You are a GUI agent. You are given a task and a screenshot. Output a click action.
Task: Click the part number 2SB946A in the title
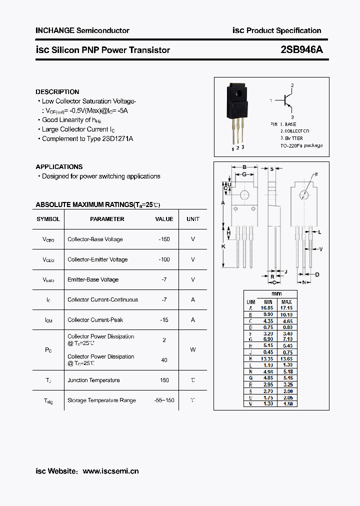[x=301, y=50]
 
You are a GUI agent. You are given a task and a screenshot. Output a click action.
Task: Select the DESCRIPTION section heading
[x=57, y=92]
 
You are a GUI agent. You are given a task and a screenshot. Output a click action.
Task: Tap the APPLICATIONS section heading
[x=59, y=167]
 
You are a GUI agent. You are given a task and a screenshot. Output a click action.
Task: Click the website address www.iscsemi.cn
[x=110, y=471]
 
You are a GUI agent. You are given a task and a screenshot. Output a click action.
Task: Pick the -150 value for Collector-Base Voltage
[x=164, y=239]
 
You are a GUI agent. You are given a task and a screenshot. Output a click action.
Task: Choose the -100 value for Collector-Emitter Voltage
[x=164, y=259]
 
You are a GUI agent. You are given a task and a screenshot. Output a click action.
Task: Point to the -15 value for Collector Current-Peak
[x=164, y=320]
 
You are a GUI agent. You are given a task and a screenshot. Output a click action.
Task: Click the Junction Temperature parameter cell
[x=93, y=380]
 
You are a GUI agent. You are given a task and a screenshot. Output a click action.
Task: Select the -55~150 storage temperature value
[x=164, y=400]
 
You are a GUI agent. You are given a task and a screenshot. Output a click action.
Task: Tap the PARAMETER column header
[x=107, y=219]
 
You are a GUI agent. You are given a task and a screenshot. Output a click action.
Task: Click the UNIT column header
[x=193, y=219]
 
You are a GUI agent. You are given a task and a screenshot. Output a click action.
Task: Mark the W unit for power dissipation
[x=193, y=350]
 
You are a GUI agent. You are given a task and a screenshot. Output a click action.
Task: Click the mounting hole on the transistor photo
[x=238, y=93]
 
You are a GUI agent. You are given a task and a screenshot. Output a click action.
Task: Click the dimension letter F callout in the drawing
[x=316, y=174]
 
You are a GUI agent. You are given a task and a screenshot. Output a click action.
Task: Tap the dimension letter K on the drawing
[x=223, y=246]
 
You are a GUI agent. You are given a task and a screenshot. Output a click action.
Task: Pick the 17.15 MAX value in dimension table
[x=286, y=308]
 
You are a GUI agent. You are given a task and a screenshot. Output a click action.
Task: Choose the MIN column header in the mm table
[x=268, y=302]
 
